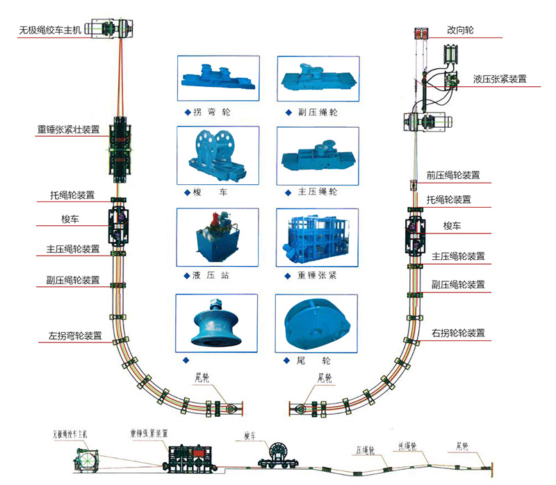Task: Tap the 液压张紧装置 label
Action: pos(499,79)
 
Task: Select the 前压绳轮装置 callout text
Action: pos(452,175)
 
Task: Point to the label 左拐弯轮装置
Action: pos(75,335)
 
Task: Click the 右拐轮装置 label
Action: pos(457,333)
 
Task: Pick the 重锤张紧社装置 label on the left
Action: pos(68,129)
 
